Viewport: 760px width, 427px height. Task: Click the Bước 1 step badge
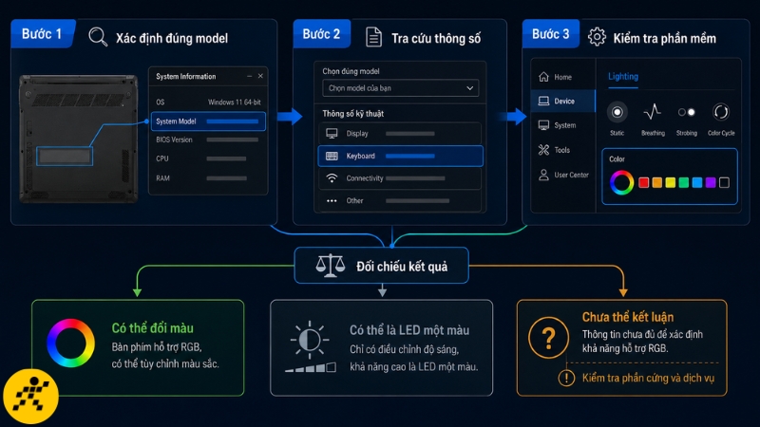(43, 34)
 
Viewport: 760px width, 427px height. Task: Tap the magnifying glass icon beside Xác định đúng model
(98, 37)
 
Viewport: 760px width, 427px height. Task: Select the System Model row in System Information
(208, 121)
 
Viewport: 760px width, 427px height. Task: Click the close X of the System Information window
(260, 76)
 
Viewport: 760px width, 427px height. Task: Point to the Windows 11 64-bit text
(235, 102)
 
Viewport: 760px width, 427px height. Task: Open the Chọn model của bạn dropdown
(400, 88)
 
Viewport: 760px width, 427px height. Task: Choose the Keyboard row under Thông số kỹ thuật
(400, 156)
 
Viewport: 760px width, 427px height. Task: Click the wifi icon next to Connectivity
(332, 178)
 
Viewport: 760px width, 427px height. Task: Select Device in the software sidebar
(563, 102)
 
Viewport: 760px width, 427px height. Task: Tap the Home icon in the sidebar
(543, 77)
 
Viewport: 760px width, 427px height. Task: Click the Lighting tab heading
(623, 77)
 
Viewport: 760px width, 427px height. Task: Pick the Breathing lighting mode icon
(653, 112)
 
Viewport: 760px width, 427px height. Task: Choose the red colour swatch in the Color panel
(644, 182)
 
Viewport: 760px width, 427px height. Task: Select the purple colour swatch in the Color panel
(711, 182)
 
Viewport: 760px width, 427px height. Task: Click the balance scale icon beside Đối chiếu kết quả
(330, 266)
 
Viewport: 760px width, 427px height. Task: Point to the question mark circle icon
(549, 338)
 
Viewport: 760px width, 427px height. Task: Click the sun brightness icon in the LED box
(310, 340)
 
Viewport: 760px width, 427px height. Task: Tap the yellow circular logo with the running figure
(31, 397)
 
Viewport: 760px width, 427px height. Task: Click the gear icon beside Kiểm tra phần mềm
(597, 37)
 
